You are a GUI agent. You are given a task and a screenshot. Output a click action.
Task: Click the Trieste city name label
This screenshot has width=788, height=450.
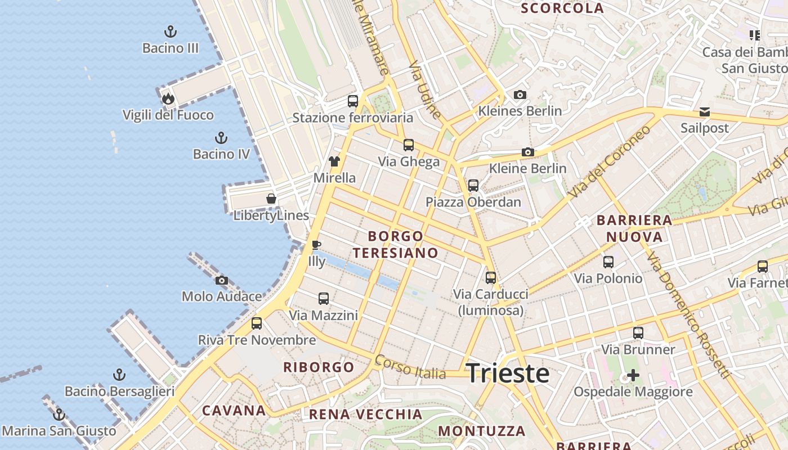508,373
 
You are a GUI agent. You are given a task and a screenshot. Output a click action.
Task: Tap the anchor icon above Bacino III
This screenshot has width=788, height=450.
170,31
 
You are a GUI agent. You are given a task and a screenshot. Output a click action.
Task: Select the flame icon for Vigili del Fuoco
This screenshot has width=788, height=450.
168,99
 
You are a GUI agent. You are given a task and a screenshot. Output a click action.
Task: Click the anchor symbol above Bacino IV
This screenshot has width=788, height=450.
221,138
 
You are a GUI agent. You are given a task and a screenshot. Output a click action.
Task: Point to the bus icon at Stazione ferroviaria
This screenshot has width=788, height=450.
353,101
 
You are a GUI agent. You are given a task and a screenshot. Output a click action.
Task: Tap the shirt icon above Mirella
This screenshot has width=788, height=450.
334,162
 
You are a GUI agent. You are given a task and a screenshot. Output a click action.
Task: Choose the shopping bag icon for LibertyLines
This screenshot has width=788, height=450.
271,199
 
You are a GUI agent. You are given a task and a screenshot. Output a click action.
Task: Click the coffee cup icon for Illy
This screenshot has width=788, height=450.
316,245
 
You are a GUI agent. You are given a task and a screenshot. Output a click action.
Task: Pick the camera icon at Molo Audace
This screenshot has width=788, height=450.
222,280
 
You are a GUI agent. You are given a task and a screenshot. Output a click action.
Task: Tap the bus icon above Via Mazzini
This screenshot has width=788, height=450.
324,299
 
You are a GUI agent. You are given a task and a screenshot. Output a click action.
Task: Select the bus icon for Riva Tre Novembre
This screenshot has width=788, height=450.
257,323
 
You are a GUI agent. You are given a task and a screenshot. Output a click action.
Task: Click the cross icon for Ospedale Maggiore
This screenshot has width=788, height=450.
633,375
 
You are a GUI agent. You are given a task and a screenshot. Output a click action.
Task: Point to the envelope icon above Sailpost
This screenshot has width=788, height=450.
705,112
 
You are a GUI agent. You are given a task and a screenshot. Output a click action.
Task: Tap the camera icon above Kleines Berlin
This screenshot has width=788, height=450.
520,94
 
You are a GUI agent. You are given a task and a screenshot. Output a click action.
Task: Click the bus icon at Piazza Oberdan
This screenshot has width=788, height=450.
473,186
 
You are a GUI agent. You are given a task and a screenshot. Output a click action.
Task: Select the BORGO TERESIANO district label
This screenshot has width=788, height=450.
395,245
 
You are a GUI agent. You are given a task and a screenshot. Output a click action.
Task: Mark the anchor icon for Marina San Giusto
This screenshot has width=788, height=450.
59,415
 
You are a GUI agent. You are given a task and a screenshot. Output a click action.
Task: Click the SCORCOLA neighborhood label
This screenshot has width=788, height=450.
562,8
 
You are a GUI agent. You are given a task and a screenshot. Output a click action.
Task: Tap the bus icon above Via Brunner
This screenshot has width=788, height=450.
638,333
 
